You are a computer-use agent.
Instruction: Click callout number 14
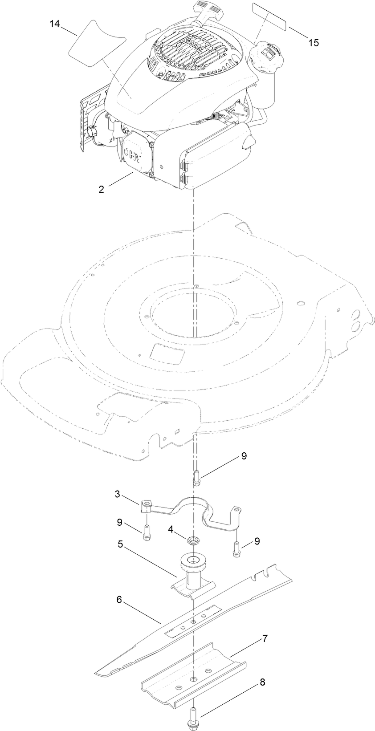[x=54, y=24]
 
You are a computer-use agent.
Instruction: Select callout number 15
[x=314, y=42]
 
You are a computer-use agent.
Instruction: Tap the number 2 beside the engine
[x=102, y=189]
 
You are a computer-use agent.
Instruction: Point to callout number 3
[x=117, y=494]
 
